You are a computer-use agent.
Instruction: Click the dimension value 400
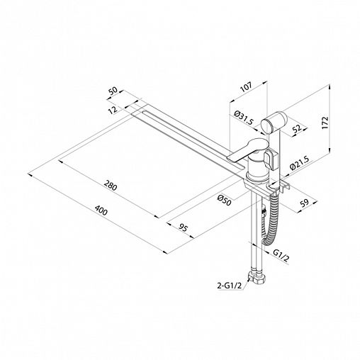[101, 210]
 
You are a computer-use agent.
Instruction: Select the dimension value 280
[111, 186]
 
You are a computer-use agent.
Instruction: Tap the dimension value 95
[184, 228]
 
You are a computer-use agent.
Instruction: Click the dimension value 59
[304, 203]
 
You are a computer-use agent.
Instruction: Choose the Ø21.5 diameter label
[299, 163]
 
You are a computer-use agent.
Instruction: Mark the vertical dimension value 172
[325, 123]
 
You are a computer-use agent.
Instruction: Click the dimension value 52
[297, 128]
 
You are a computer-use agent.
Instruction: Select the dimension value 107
[246, 87]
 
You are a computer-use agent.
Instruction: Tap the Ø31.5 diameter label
[244, 118]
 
